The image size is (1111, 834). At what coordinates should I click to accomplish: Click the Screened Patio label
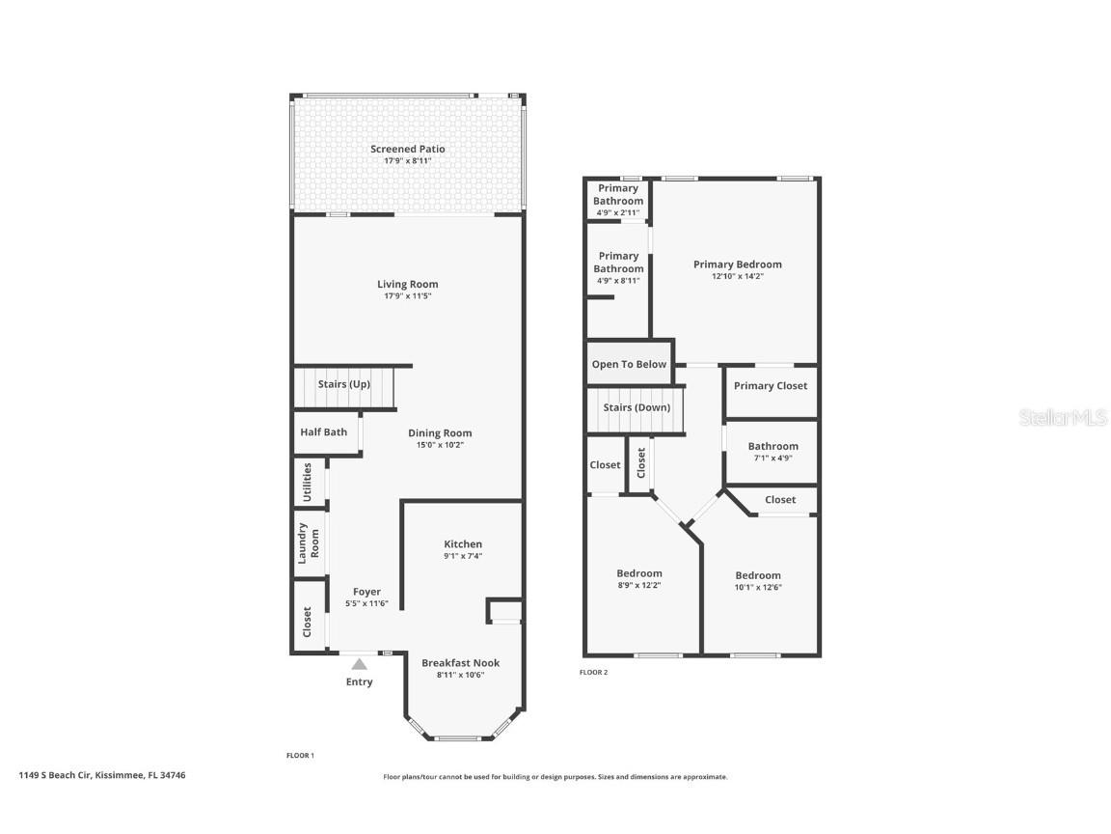pos(407,149)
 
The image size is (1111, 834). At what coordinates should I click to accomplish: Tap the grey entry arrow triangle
pos(359,664)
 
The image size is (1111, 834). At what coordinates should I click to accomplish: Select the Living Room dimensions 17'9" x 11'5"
pos(407,296)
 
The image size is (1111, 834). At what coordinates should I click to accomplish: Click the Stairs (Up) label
pos(344,384)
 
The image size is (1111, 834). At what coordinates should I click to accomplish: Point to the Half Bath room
pos(323,432)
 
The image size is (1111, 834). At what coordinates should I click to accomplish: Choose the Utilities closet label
pos(308,482)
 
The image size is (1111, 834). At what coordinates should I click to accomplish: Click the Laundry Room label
pos(308,542)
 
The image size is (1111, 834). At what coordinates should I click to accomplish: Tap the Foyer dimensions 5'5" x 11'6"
pos(366,604)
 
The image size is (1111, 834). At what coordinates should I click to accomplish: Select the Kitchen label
pos(463,544)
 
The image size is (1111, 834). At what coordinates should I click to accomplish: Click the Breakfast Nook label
pos(460,663)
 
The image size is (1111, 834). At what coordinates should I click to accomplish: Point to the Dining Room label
pos(440,433)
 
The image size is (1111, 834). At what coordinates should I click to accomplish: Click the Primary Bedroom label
pos(738,264)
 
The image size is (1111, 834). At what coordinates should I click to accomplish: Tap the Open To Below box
pos(629,365)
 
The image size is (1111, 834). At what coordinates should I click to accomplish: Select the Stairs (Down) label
pos(637,407)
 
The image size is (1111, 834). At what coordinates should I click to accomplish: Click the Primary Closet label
pos(771,386)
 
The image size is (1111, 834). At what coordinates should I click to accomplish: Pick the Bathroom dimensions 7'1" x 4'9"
pos(772,458)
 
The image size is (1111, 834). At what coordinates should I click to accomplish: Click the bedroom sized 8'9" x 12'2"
pos(639,579)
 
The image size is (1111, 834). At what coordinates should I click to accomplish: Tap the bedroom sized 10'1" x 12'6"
pos(757,581)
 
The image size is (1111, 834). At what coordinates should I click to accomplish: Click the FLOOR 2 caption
pos(594,672)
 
